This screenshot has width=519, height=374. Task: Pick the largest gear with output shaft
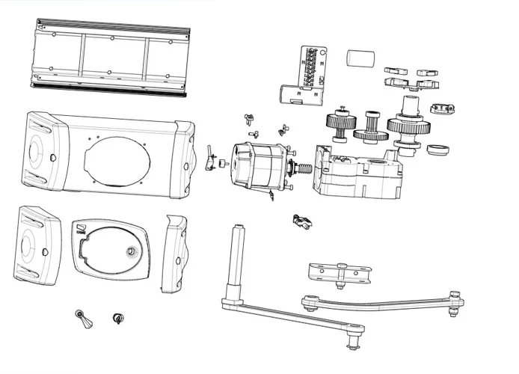click(x=408, y=124)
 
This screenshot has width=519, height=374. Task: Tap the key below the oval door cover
click(x=82, y=320)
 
